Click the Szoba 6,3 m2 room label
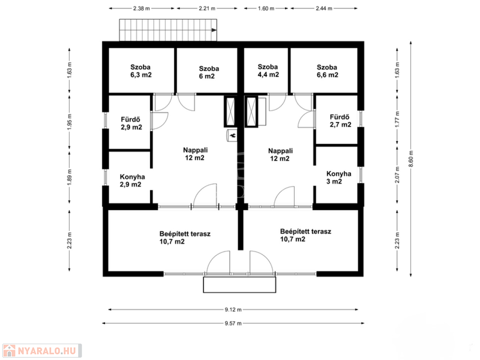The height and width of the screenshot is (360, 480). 141,71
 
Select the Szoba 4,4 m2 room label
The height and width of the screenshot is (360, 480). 268,71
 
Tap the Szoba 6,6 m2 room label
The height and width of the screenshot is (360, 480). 327,71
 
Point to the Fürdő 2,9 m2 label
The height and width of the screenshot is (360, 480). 131,123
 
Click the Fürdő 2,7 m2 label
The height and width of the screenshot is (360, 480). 340,121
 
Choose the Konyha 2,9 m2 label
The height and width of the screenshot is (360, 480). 132,180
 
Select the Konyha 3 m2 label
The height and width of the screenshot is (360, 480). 338,178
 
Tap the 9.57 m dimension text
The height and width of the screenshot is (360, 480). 233,323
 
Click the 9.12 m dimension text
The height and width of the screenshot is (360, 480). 233,310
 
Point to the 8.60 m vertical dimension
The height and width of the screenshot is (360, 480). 411,158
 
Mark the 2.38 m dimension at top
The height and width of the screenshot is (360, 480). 142,8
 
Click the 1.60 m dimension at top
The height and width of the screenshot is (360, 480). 266,8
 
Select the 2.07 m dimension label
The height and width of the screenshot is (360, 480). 397,175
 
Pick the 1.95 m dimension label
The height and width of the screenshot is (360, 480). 69,122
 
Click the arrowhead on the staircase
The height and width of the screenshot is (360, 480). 214,30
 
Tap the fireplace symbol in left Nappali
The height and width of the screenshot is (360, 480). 232,135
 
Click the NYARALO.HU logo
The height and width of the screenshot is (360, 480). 42,351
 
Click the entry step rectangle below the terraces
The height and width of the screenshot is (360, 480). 240,285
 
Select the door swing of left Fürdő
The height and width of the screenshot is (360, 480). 159,121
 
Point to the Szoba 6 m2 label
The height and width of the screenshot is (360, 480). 209,73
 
